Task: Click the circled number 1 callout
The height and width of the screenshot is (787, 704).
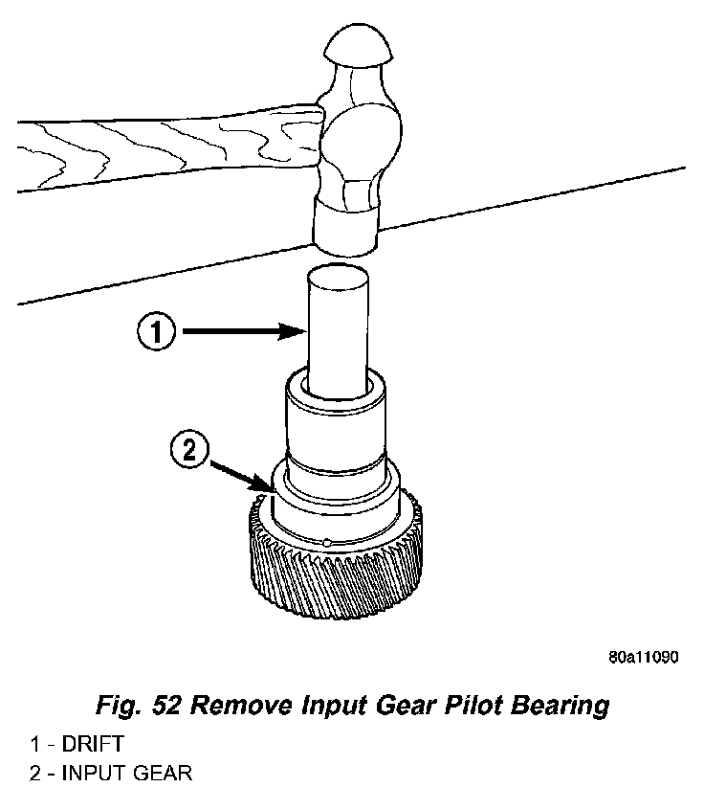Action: pyautogui.click(x=158, y=332)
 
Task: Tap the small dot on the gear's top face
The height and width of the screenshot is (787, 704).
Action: pyautogui.click(x=327, y=543)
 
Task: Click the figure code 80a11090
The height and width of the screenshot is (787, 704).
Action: pyautogui.click(x=642, y=658)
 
